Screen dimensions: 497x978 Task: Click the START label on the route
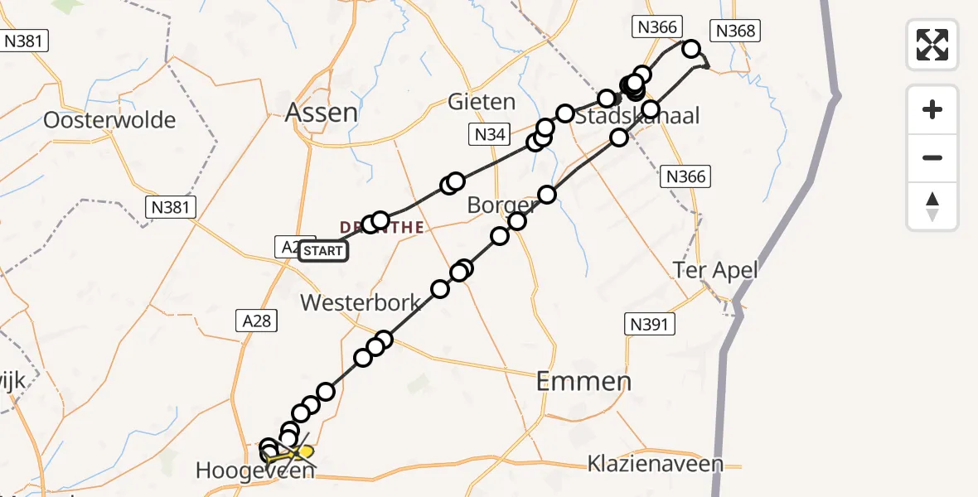point(323,250)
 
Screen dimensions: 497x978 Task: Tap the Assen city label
point(322,113)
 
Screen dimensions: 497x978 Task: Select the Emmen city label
point(583,381)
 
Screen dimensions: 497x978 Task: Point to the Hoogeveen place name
point(255,471)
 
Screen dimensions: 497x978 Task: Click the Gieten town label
point(481,102)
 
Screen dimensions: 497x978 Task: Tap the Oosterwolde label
point(109,120)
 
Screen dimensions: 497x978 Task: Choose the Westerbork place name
point(361,302)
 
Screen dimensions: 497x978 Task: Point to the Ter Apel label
point(715,270)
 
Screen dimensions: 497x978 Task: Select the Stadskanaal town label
point(637,116)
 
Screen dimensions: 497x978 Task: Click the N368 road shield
point(735,31)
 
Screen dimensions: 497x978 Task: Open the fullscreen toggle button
point(932,44)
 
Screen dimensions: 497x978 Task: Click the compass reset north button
point(932,206)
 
